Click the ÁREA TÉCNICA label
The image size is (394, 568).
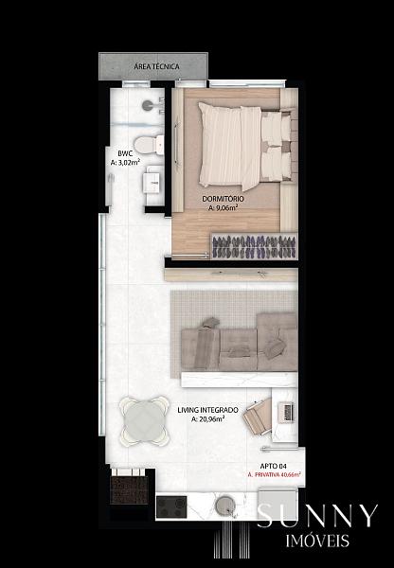[156, 66]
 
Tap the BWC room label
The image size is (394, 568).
[125, 153]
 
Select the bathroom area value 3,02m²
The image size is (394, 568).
[125, 163]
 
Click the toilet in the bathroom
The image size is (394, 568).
[149, 144]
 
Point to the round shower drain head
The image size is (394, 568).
[148, 105]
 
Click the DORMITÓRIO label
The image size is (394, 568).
[223, 199]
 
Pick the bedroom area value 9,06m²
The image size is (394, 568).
[223, 208]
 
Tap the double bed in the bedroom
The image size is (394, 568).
[245, 146]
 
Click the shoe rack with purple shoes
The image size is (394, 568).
[254, 246]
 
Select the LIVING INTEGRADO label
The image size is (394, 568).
[207, 410]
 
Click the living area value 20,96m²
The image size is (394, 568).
[207, 419]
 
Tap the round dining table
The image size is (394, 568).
[145, 420]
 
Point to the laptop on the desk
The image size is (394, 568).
[286, 413]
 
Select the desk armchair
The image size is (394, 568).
[258, 417]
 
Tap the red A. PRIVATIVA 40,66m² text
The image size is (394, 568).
[275, 474]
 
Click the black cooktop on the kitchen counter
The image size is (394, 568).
[171, 507]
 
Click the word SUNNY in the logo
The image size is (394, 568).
[317, 516]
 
